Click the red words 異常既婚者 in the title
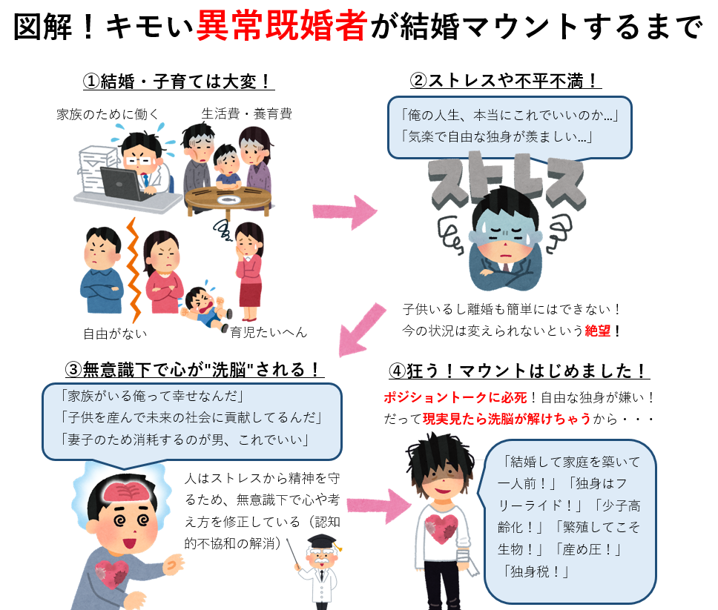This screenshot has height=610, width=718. coord(281,27)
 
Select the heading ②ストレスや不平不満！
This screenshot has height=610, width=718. coord(505,80)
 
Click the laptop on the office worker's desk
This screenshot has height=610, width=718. coord(125,180)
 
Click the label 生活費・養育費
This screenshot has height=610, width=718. coord(247,113)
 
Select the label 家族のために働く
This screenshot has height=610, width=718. coord(108,114)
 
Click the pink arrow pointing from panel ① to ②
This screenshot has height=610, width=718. coord(346,213)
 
